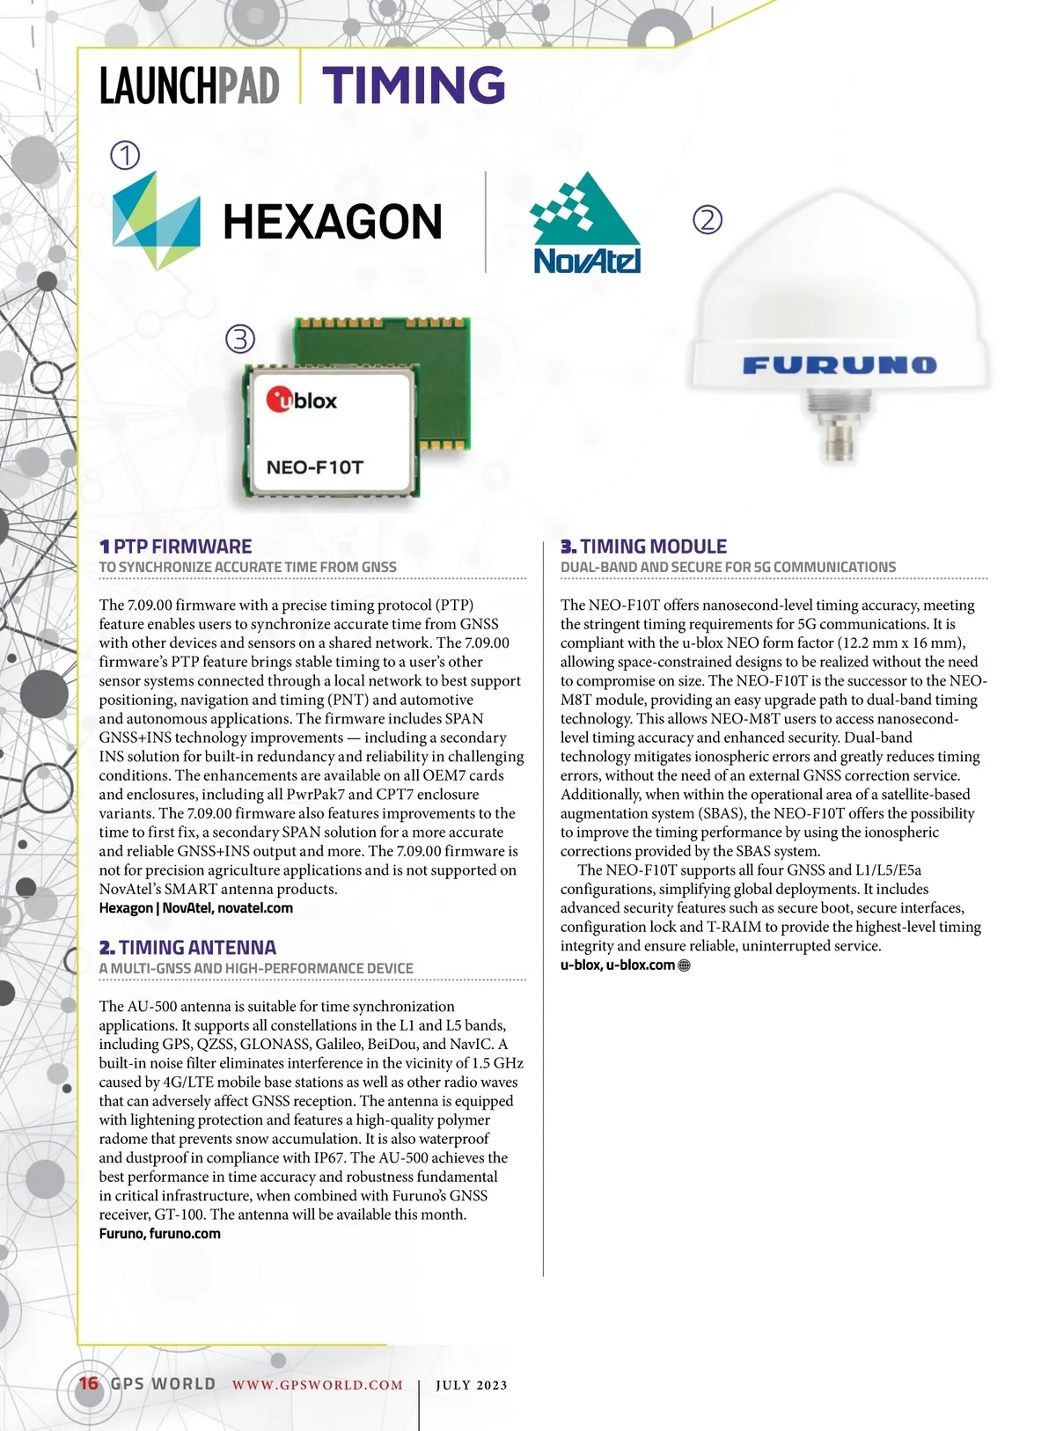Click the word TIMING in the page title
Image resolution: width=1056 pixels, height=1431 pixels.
coord(414,85)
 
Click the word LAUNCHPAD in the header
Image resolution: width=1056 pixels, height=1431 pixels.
coord(189,86)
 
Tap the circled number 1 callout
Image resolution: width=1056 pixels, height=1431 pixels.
coord(125,156)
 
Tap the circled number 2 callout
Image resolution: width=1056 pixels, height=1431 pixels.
coord(708,219)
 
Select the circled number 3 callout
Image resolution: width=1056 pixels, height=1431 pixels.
coord(240,338)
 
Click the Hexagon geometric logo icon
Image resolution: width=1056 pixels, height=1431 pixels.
coord(156,221)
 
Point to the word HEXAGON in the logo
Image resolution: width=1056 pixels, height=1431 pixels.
coord(333,222)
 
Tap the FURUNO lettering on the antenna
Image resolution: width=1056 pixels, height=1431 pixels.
coord(840,365)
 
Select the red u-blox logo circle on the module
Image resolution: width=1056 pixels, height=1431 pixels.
coord(280,400)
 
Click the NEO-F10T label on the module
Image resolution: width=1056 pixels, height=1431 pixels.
coord(314,467)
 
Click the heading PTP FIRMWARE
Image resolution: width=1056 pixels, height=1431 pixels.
coord(182,547)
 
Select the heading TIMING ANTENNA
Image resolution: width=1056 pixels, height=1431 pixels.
coord(197,948)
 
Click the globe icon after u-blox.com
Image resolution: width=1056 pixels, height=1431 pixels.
coord(685,965)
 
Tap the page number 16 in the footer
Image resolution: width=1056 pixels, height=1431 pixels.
coord(89,1383)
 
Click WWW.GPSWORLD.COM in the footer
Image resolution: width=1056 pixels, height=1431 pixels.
coord(318,1384)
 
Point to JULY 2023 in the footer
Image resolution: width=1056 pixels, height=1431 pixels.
coord(472,1384)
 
